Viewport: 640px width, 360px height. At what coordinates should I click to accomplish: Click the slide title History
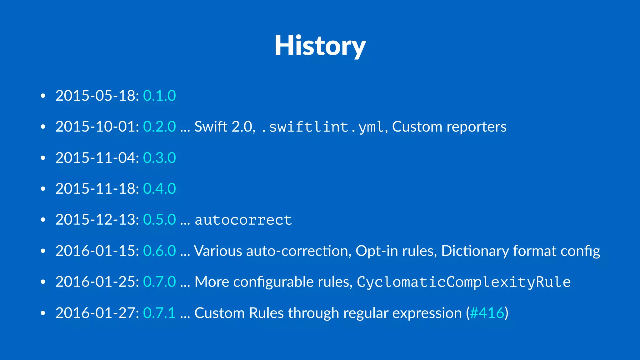point(320,46)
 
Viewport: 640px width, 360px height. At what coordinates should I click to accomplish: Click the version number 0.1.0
point(159,96)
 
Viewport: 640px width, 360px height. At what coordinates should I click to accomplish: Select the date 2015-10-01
point(97,127)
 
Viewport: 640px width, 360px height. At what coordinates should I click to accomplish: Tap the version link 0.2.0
point(159,127)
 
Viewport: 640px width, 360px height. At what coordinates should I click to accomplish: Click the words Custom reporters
point(449,127)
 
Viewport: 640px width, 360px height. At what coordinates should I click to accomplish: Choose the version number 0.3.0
point(159,158)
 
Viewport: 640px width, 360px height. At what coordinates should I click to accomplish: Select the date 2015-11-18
point(97,189)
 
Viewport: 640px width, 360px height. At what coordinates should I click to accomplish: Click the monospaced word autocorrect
point(243,220)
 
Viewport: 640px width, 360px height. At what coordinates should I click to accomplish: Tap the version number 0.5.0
point(159,220)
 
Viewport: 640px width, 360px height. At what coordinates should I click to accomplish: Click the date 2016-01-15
point(97,251)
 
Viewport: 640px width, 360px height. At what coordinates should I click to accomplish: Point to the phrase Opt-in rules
point(396,251)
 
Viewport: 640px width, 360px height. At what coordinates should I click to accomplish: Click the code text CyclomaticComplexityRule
point(464,282)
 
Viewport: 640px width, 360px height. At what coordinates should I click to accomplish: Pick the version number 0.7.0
point(159,282)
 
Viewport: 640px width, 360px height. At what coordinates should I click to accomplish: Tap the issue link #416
point(487,313)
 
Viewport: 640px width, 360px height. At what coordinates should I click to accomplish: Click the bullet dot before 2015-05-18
point(43,96)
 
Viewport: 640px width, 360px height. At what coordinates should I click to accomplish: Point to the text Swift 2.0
point(223,127)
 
